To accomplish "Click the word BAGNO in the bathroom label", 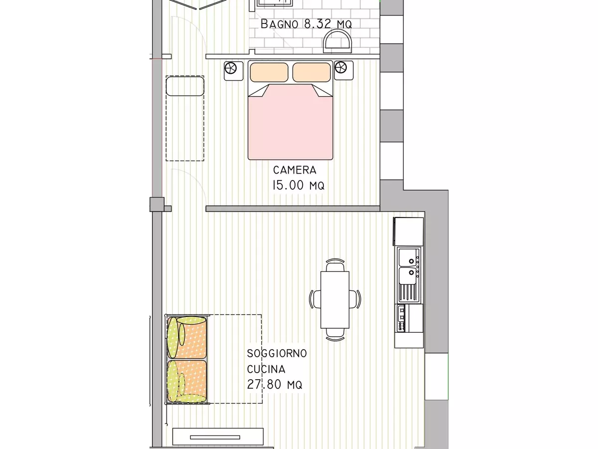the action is coord(279,24).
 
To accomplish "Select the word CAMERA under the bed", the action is coord(295,170).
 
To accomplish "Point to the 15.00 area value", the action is coord(288,186).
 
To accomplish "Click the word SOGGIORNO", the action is coord(277,353).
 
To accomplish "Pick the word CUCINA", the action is coord(266,369).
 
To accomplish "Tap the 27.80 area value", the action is coord(264,385).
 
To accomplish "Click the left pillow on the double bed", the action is coord(269,72).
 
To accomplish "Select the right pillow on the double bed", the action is coord(311,72).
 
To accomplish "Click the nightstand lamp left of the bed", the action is coord(231,68).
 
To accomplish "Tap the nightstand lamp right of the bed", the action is coord(340,67).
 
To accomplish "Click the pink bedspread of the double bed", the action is coord(291,123).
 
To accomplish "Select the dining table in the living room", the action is coord(335,300).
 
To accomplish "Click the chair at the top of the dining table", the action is coord(335,265).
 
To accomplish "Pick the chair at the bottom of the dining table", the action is coord(335,334).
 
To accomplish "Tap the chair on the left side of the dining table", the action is coord(315,299).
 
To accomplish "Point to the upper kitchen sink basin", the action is coord(408,257).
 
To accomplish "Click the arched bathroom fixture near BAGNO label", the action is coord(337,41).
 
